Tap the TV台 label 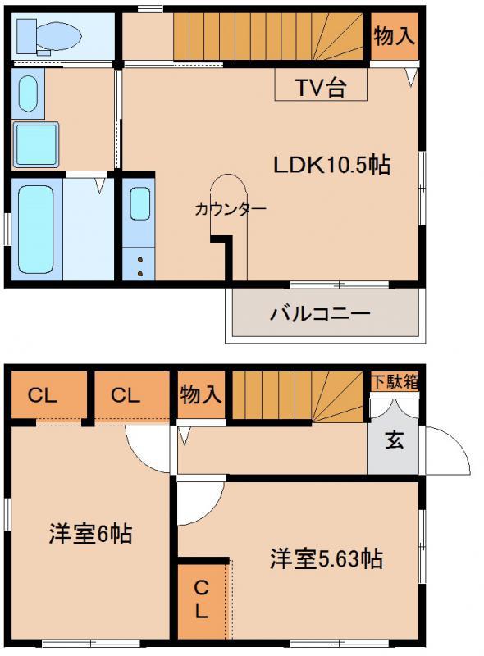click(321, 87)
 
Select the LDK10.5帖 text click(332, 165)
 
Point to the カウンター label click(231, 209)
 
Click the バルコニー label click(321, 314)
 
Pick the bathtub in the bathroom click(36, 230)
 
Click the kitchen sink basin click(139, 203)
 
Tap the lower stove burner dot click(140, 274)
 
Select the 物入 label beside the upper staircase click(395, 35)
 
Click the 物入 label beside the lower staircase click(200, 394)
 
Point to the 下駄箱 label click(395, 382)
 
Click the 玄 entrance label click(394, 440)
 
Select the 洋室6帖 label click(90, 534)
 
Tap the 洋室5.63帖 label click(326, 558)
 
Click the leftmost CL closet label click(43, 395)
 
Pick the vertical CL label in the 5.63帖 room click(201, 599)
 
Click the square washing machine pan click(36, 145)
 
